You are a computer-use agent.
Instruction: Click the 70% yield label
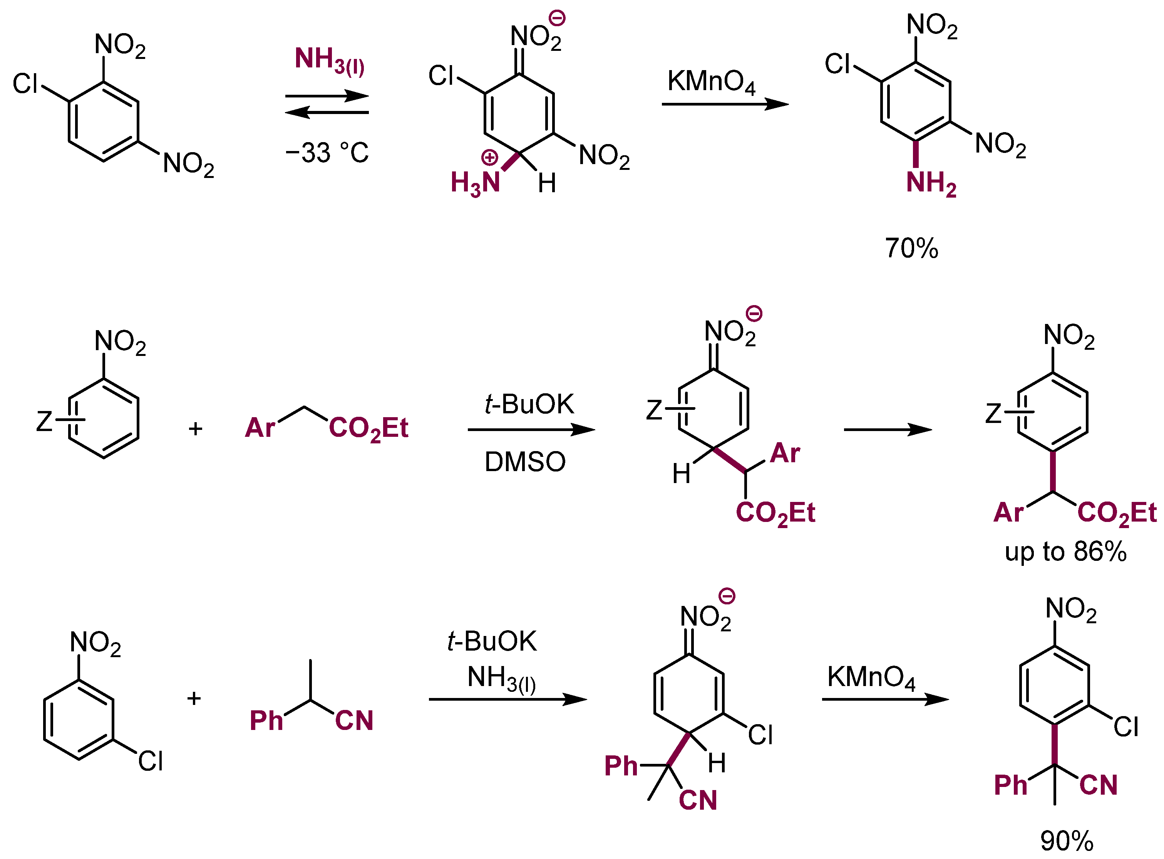(911, 248)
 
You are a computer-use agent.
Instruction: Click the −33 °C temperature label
(327, 153)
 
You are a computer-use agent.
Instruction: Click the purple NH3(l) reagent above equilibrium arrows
(329, 60)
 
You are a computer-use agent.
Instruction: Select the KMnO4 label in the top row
(711, 82)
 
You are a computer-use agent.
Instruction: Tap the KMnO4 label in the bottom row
(871, 678)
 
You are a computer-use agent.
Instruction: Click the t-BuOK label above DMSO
(529, 404)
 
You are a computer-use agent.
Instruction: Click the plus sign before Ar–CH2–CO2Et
(195, 429)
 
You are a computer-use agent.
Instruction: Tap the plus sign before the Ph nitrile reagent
(194, 698)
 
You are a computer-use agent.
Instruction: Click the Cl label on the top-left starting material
(25, 84)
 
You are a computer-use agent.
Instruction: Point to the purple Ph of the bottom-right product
(1010, 785)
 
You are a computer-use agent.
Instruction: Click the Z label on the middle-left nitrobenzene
(44, 421)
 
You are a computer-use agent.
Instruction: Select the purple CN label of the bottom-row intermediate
(697, 800)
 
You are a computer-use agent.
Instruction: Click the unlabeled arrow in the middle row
(887, 430)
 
